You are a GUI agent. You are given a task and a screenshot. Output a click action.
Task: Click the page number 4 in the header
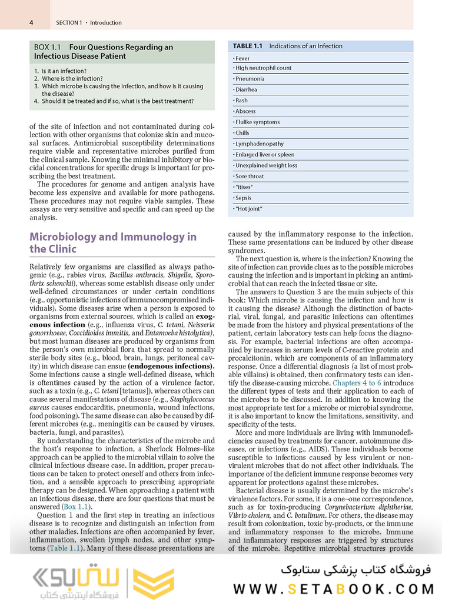31,23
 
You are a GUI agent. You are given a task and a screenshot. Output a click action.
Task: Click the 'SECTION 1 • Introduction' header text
89,23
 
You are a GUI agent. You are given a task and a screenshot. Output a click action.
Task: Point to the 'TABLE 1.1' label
247,46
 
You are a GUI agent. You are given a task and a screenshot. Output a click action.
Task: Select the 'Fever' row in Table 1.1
242,58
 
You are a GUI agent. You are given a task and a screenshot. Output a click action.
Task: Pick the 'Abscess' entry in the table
245,111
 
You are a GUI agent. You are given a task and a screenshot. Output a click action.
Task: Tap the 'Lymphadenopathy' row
259,144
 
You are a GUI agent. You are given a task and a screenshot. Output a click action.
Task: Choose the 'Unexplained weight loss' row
266,165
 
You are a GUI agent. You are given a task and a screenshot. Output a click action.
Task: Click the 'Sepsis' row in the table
243,198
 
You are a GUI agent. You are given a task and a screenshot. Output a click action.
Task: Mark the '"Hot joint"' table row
248,208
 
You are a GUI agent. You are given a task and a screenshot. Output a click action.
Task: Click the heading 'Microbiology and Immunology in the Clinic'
113,242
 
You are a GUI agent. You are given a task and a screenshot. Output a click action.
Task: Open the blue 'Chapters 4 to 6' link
357,383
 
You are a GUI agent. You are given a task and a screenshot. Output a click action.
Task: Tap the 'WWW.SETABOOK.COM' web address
334,589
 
